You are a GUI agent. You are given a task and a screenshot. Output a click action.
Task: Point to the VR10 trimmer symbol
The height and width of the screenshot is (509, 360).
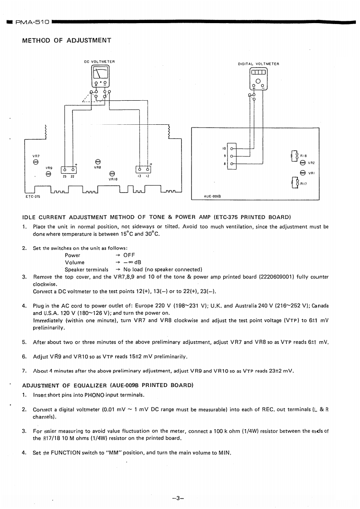pos(113,173)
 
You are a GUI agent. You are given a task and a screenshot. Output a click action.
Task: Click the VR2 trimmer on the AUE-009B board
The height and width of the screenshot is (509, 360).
pos(303,163)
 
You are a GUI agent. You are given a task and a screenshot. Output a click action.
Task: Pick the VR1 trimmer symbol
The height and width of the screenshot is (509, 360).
pos(303,172)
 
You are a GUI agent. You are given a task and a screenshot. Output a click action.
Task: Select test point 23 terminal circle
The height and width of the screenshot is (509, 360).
pos(65,171)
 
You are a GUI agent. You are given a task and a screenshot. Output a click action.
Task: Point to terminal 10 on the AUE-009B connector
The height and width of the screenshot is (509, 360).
pos(232,148)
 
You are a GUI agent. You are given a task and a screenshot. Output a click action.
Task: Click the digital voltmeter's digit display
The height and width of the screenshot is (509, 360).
pos(258,73)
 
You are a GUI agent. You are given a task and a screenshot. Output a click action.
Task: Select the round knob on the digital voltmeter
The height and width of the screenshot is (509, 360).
pos(258,81)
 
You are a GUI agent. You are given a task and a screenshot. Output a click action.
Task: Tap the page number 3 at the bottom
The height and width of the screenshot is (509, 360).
pos(180,486)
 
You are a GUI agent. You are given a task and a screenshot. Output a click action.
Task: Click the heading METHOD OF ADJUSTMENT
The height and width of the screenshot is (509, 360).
pos(66,40)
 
